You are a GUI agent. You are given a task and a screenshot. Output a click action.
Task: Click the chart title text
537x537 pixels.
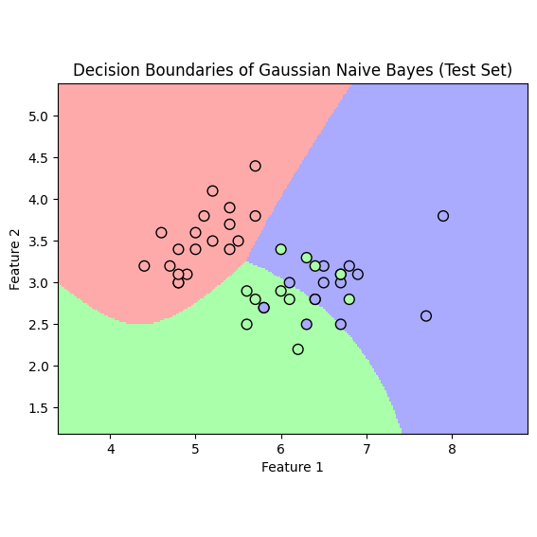click(293, 70)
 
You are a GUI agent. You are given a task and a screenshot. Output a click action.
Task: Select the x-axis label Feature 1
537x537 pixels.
click(292, 467)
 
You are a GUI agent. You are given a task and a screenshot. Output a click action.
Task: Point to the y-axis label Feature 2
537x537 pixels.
click(14, 260)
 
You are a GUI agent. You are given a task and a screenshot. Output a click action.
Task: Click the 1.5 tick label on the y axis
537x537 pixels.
click(38, 408)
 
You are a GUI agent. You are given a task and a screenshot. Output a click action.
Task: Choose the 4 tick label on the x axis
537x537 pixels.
click(110, 449)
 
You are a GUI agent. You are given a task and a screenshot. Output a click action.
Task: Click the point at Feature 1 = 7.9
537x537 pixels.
click(443, 216)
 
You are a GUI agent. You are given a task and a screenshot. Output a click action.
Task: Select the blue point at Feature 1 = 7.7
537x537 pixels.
click(426, 316)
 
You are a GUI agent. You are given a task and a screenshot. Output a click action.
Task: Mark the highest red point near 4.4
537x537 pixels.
click(255, 166)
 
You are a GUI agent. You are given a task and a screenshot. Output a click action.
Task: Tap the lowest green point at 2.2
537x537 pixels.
click(298, 349)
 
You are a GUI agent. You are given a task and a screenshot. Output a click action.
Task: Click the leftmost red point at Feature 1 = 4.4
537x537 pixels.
click(144, 266)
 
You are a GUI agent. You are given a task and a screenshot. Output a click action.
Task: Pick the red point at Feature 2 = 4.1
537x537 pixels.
click(213, 191)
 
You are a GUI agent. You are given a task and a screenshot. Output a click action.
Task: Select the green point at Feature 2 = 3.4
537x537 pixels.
click(281, 249)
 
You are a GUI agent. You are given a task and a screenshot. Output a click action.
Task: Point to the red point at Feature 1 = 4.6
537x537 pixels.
click(161, 233)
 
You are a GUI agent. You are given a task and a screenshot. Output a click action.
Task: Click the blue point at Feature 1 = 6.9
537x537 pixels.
click(358, 275)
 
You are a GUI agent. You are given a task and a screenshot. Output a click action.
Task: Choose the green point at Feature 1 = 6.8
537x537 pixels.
click(349, 299)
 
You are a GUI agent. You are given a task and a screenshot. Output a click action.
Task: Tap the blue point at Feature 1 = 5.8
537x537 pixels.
click(263, 308)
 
